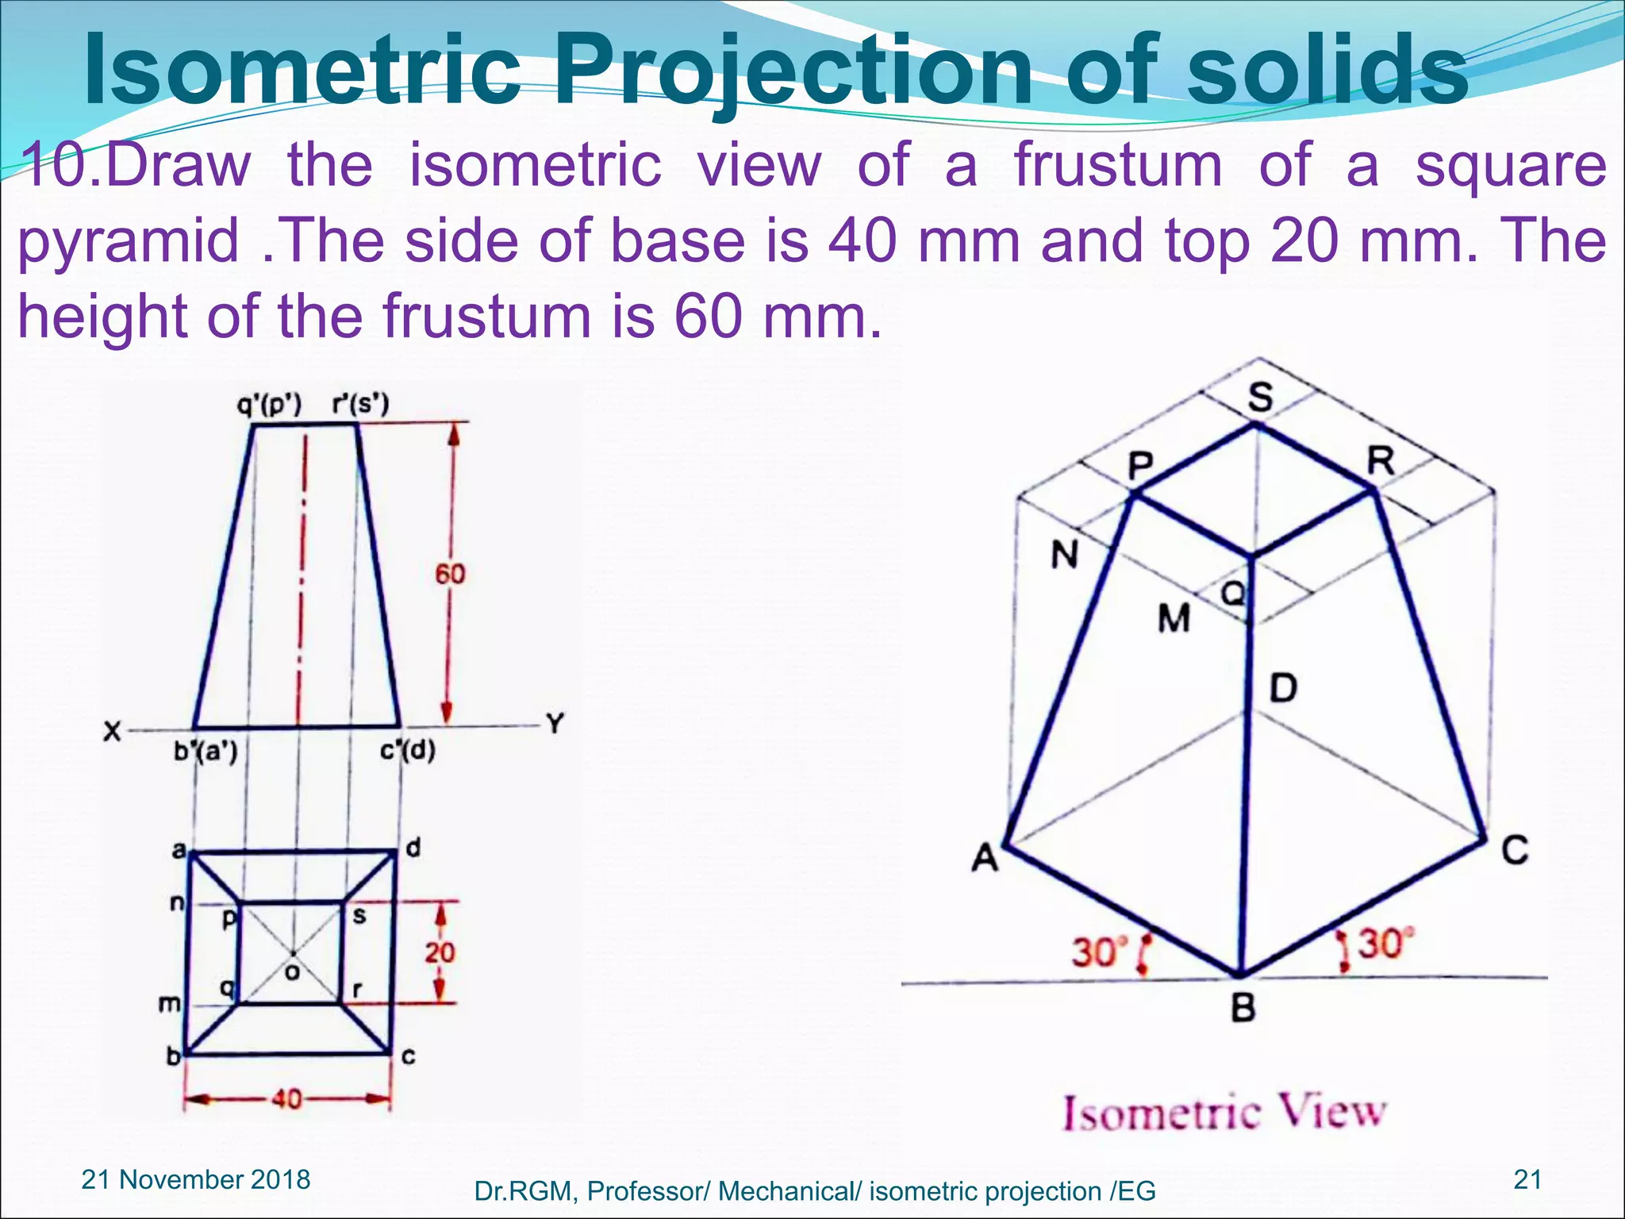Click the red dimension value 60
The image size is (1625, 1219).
coord(450,574)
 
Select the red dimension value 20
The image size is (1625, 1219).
coord(439,952)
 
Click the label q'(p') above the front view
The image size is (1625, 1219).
coord(270,405)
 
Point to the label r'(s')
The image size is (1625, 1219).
coord(360,405)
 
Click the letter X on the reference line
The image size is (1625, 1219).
coord(113,731)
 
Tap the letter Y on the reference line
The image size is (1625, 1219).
coord(555,723)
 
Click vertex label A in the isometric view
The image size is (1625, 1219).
coord(985,857)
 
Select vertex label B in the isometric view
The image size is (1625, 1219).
coord(1243,1008)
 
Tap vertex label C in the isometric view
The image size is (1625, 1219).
coord(1514,850)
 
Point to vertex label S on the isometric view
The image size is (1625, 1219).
coord(1260,396)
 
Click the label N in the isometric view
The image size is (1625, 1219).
coord(1064,554)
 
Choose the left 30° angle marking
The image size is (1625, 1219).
coord(1099,951)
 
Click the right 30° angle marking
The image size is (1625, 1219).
coord(1385,944)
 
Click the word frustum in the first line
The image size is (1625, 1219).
coord(1118,165)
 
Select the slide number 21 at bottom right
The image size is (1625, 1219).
coord(1527,1179)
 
